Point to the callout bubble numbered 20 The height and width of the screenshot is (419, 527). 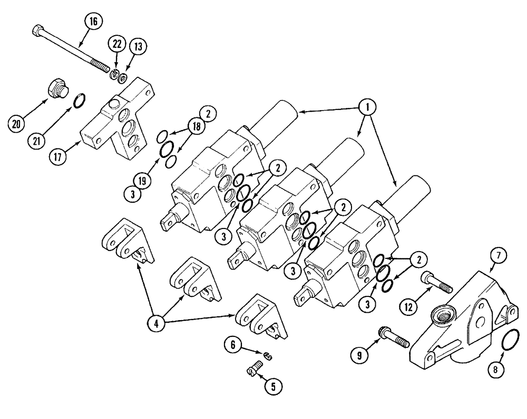(x=18, y=124)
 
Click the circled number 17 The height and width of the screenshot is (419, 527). (x=59, y=156)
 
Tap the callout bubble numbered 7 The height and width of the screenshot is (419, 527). (x=500, y=256)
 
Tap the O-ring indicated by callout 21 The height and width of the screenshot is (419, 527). (x=79, y=100)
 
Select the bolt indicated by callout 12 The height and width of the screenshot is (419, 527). (x=436, y=283)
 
